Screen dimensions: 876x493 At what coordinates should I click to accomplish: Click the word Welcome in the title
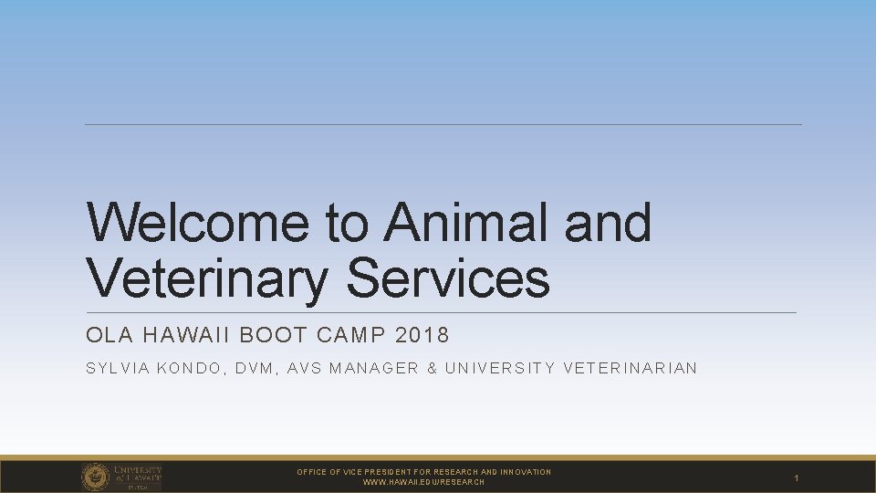point(198,222)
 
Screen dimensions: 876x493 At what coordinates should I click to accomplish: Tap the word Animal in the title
point(465,222)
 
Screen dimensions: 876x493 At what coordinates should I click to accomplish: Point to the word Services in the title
point(448,278)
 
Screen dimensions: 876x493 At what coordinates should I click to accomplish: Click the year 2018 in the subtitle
point(422,335)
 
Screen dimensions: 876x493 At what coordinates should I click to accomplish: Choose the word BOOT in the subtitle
point(273,335)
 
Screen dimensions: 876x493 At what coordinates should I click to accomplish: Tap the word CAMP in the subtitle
point(351,335)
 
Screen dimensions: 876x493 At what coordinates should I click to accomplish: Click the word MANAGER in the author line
point(374,368)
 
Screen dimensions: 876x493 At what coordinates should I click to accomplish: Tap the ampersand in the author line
point(432,368)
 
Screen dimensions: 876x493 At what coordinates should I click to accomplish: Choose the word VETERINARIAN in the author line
point(631,368)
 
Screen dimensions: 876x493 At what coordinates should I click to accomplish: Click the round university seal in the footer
point(96,477)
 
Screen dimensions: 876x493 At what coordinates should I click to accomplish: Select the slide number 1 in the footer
point(796,477)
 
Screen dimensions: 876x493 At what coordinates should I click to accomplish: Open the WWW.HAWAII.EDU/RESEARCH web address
point(423,482)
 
